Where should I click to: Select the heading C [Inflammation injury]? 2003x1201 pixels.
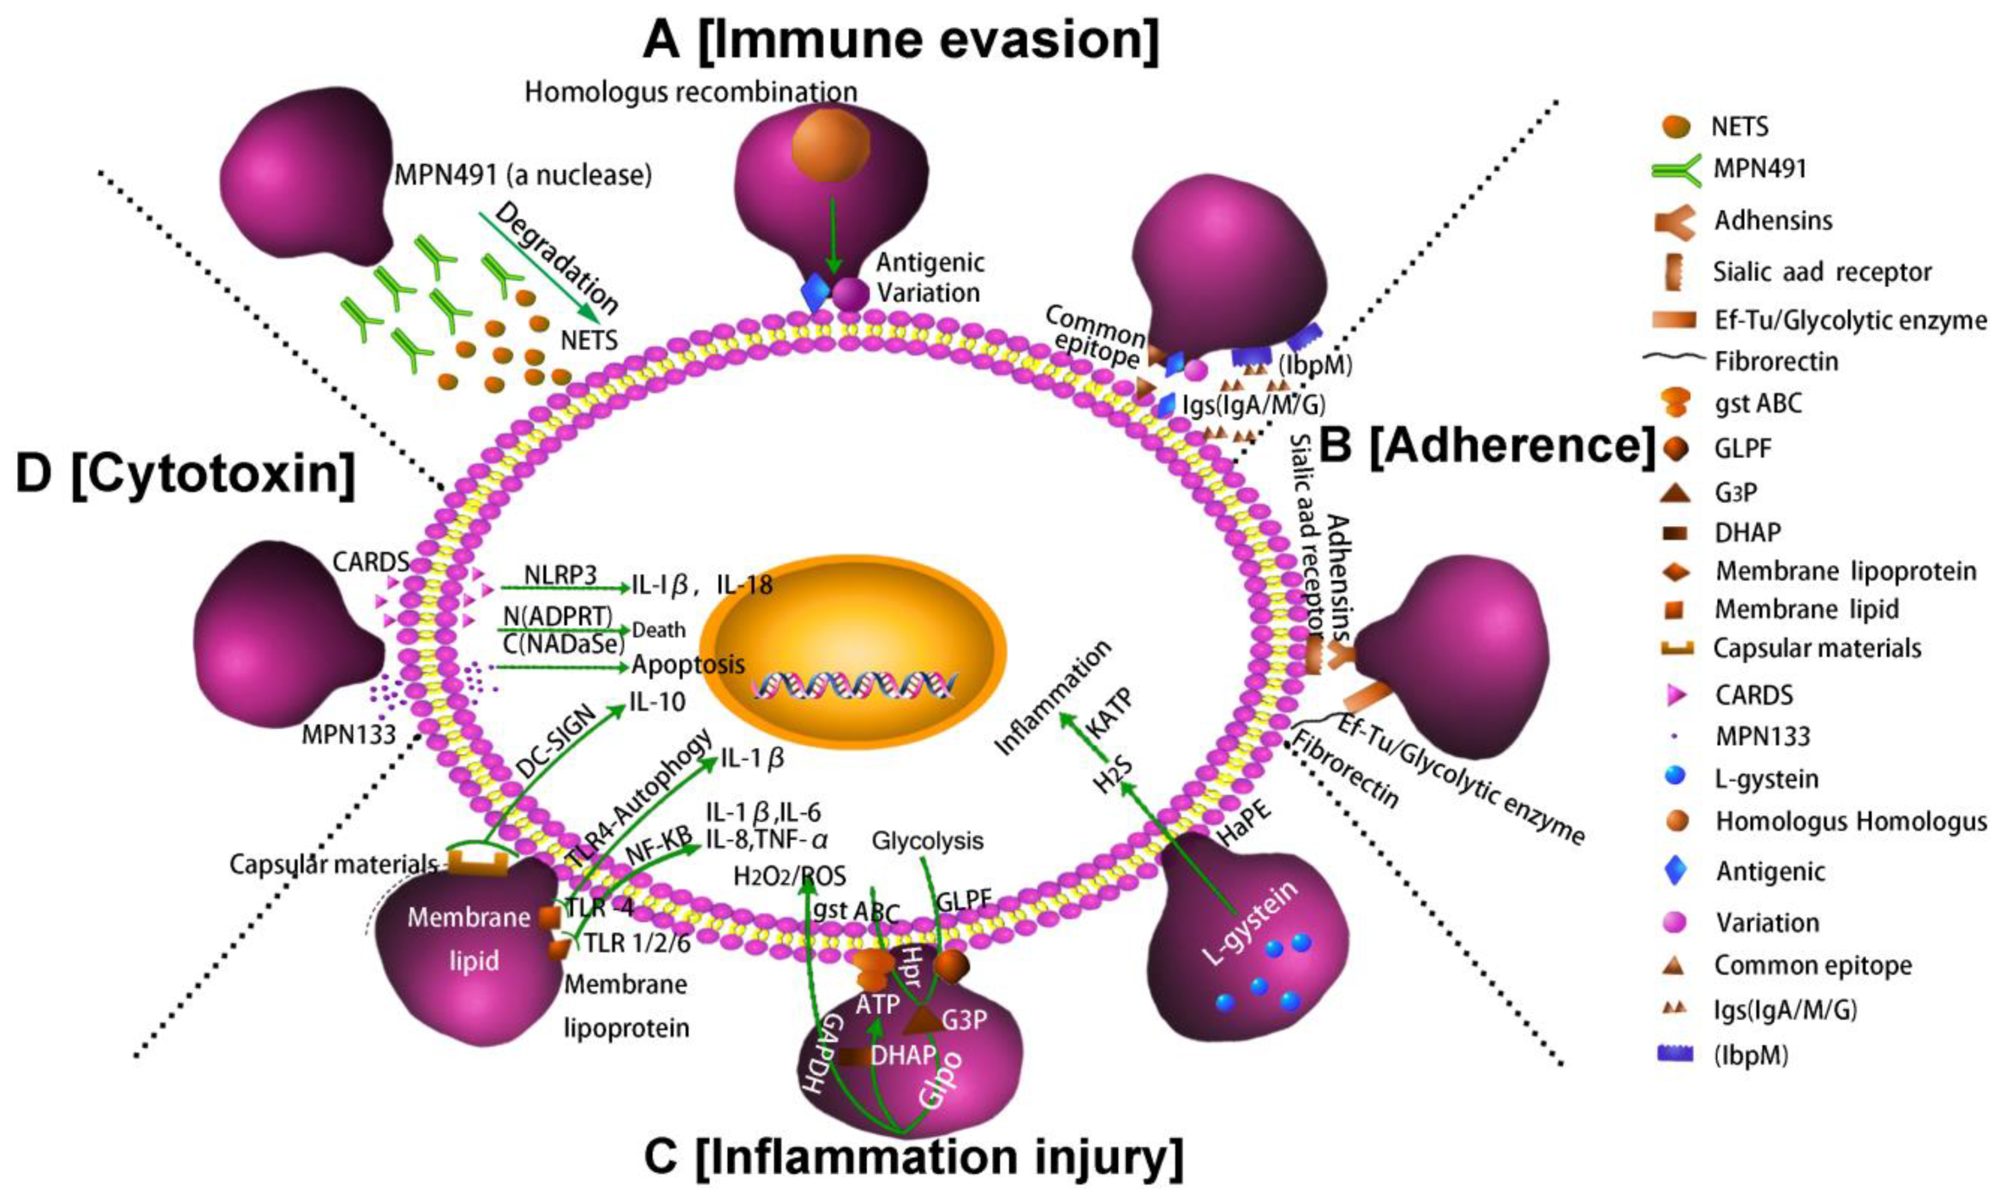(x=913, y=1156)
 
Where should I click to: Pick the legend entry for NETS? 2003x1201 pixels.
(x=1739, y=127)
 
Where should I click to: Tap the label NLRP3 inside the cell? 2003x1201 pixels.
(x=560, y=575)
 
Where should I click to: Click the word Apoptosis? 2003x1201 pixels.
(x=688, y=665)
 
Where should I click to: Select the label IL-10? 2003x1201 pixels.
(x=658, y=702)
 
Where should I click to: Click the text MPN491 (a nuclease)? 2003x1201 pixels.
(x=523, y=175)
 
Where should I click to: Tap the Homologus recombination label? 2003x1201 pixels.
(x=691, y=92)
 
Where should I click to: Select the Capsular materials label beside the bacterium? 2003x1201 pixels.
(x=333, y=864)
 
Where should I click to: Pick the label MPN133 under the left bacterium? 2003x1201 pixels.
(x=348, y=735)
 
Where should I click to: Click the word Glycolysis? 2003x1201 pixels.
(x=927, y=841)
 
